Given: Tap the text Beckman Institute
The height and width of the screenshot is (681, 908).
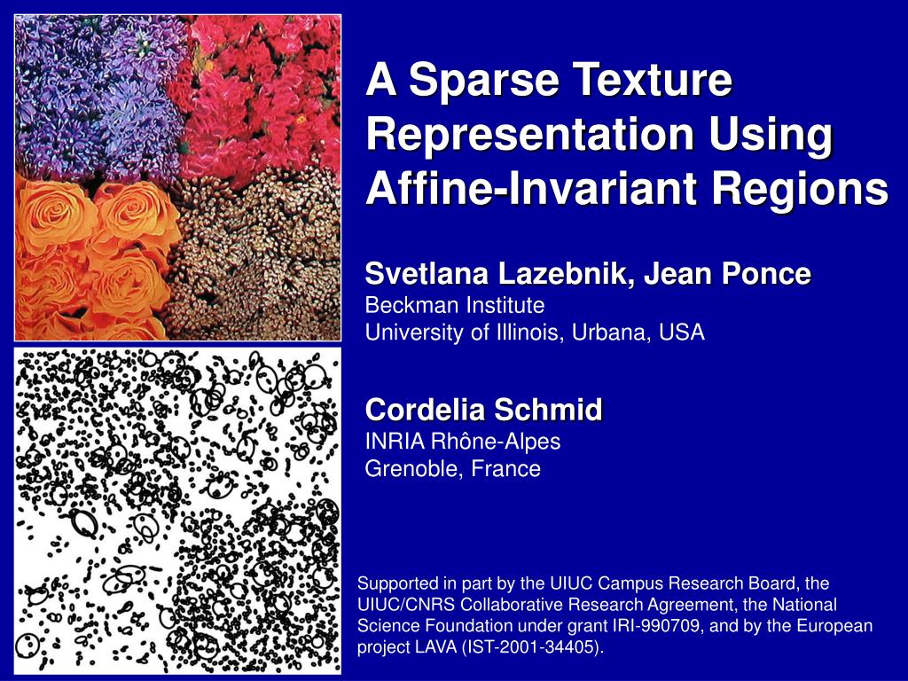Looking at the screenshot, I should click(455, 306).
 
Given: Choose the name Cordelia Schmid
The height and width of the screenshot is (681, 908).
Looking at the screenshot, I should click(483, 410).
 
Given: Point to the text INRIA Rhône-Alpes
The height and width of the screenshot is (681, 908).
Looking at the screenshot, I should click(463, 441).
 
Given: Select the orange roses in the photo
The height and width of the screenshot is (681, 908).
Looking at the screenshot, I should click(89, 257).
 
